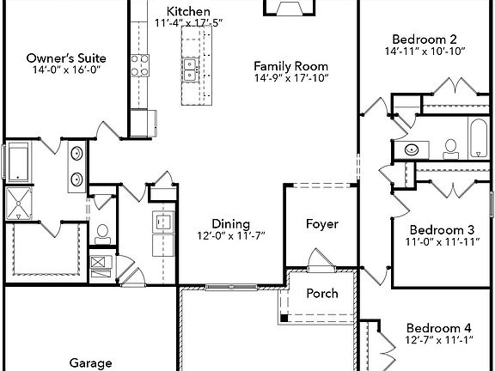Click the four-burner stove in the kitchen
click(138, 66)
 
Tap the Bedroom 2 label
click(424, 39)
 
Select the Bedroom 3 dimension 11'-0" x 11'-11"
click(442, 243)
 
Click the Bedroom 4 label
click(438, 328)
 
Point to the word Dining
click(208, 222)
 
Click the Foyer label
click(322, 224)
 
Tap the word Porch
click(322, 293)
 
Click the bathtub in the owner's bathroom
click(18, 162)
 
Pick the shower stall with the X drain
click(18, 204)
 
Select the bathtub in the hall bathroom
click(479, 137)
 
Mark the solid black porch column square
click(282, 319)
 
